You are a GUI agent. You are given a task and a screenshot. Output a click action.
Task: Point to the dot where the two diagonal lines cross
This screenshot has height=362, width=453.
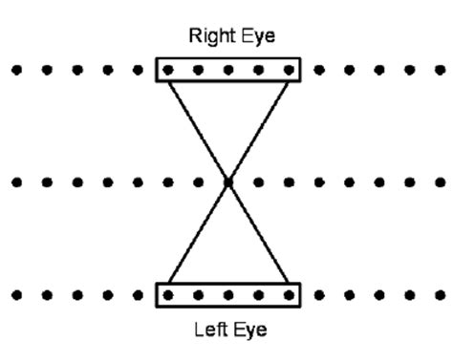[x=227, y=181]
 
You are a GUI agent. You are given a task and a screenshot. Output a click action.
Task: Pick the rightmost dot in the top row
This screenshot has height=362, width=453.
[x=439, y=70]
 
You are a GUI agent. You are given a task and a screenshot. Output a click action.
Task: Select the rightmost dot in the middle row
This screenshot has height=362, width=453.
[x=439, y=181]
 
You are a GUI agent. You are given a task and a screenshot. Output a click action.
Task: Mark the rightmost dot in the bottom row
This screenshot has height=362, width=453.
[x=439, y=294]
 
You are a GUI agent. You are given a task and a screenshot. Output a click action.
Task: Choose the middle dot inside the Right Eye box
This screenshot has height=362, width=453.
[x=227, y=70]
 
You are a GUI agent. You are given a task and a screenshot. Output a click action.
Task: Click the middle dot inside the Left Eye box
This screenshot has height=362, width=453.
[x=227, y=294]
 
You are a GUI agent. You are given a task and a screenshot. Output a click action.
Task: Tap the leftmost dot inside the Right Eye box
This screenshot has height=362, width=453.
[x=168, y=70]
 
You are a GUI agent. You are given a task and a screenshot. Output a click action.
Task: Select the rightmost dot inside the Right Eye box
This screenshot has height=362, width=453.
[x=288, y=70]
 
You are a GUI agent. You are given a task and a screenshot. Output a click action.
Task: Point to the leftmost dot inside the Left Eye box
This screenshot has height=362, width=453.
[x=168, y=294]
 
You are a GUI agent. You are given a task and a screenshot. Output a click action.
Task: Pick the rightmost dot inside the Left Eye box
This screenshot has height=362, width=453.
[x=288, y=294]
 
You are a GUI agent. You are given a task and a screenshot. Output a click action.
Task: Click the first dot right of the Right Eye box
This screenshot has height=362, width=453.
[x=318, y=70]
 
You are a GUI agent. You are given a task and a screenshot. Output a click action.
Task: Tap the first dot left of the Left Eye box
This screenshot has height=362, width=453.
[x=138, y=294]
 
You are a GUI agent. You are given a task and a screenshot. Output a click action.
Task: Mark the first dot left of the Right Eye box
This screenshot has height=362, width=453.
[x=138, y=70]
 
